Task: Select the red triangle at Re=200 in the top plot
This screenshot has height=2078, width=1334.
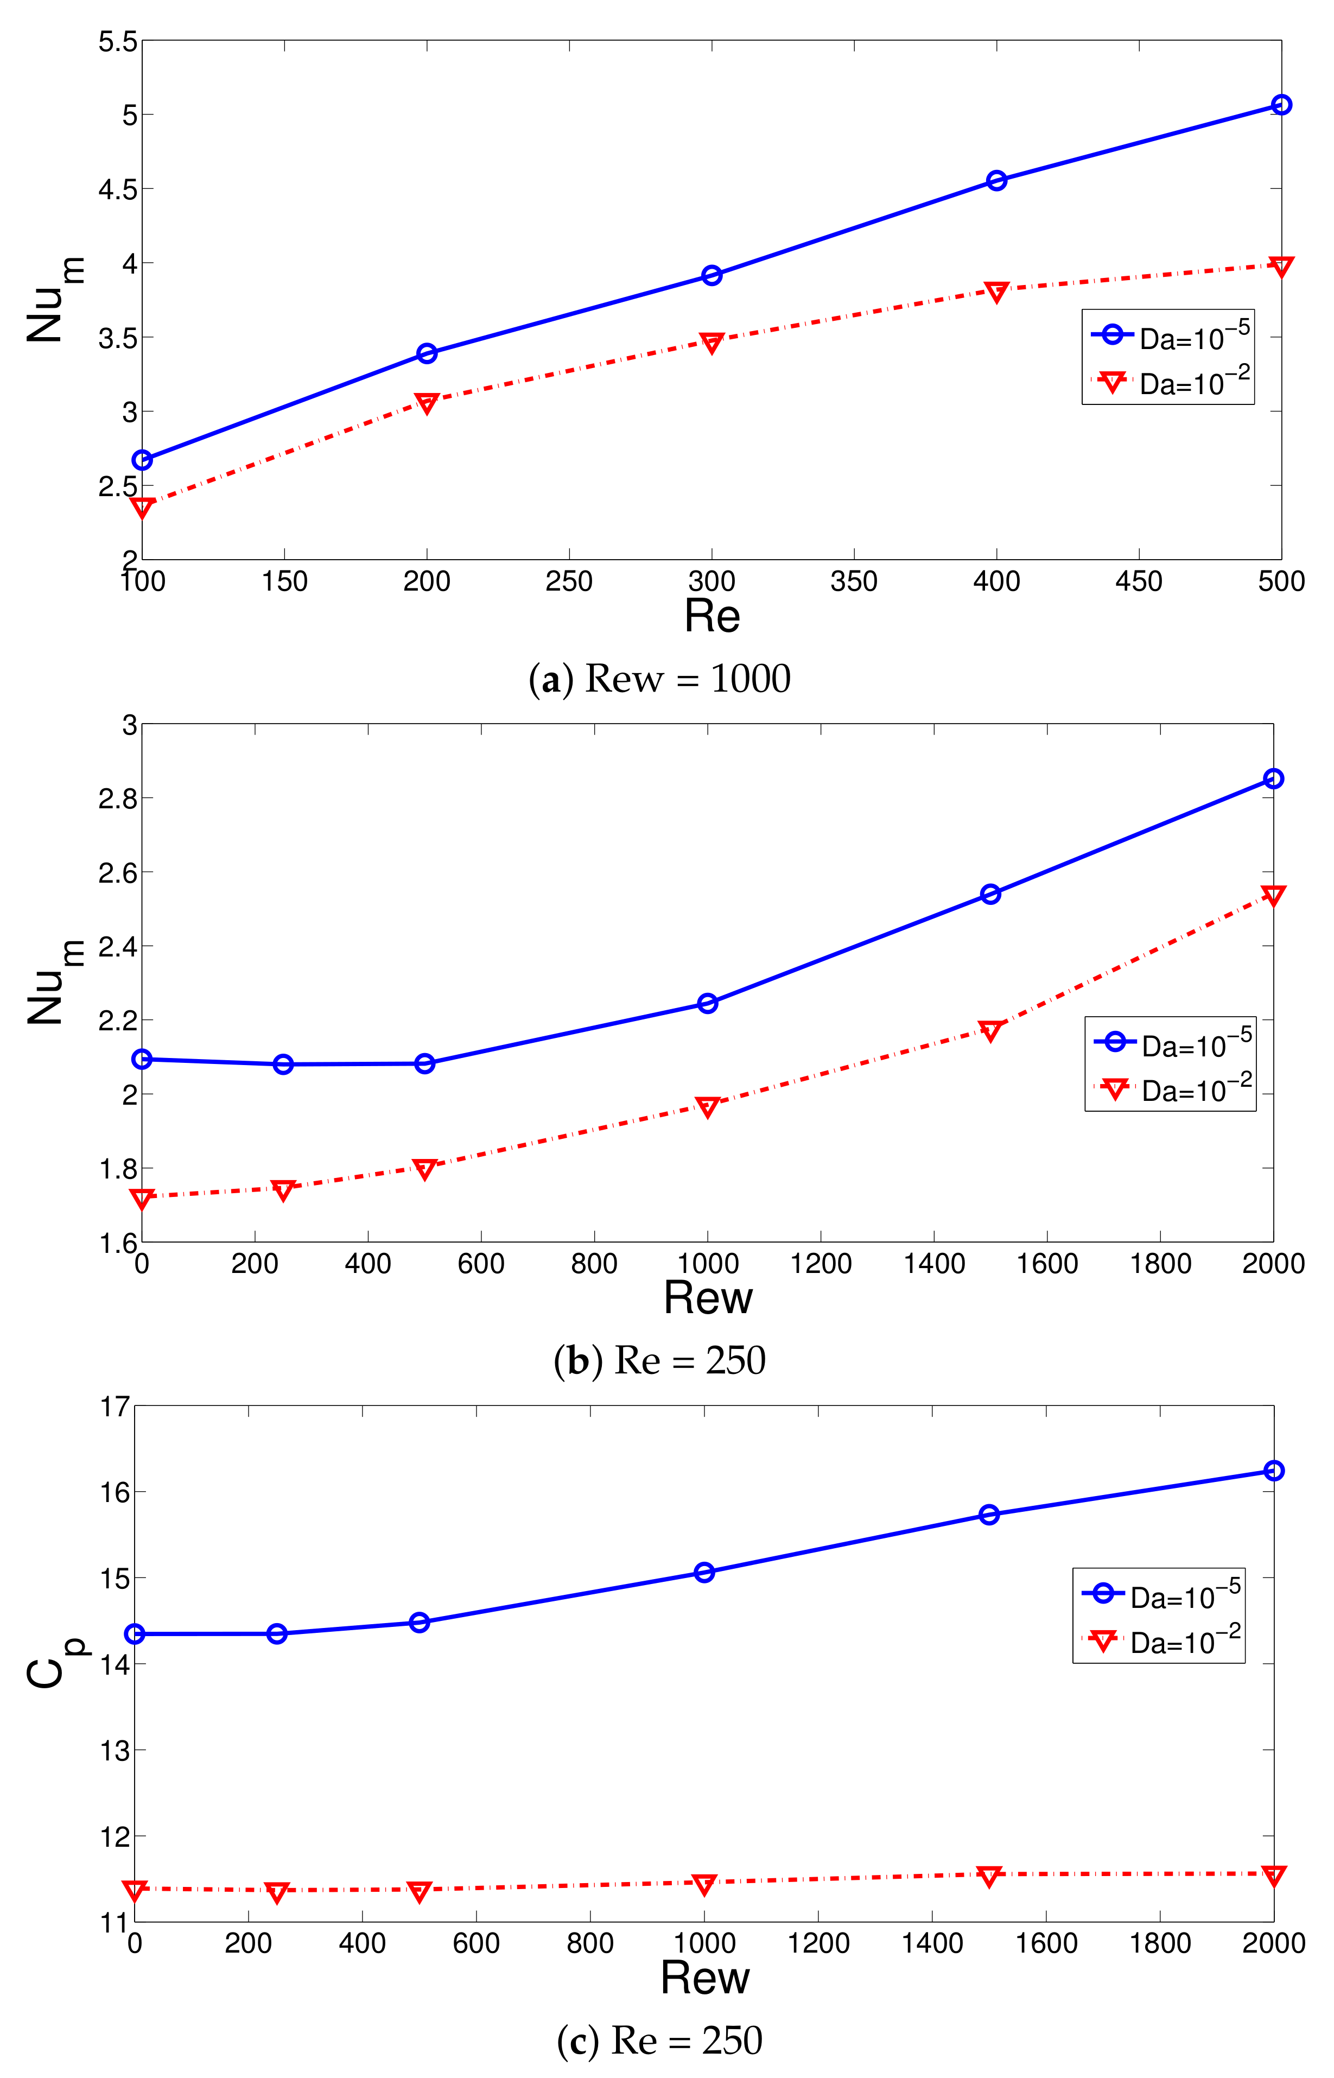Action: point(426,403)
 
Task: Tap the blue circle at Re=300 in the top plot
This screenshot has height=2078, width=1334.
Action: point(711,275)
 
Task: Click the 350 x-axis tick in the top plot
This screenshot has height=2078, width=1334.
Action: point(853,581)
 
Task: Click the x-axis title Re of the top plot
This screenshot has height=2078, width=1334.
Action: point(712,617)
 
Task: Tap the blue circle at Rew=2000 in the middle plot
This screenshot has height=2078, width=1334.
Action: point(1273,779)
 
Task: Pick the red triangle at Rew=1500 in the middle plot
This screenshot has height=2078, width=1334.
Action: point(990,1030)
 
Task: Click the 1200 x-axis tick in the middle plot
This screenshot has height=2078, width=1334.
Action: point(821,1264)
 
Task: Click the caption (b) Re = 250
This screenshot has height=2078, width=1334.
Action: point(659,1361)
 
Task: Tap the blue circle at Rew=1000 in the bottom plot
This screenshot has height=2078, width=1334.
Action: point(704,1572)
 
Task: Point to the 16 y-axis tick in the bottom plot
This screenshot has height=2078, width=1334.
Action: point(112,1492)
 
